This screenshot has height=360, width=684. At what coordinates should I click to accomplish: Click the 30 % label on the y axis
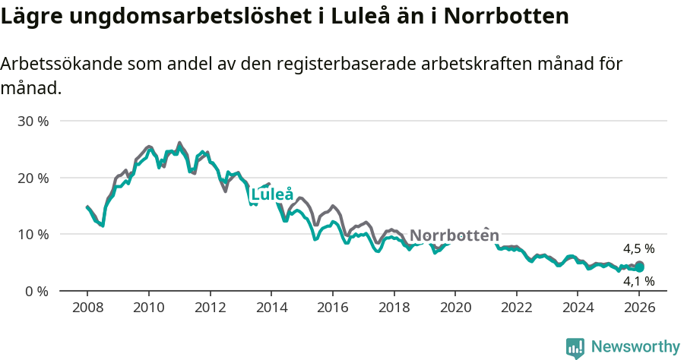(32, 121)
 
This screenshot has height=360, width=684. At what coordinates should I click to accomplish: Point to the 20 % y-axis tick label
(32, 178)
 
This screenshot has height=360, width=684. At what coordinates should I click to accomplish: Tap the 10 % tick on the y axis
(32, 234)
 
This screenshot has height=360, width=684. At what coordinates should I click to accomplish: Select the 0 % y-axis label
(35, 291)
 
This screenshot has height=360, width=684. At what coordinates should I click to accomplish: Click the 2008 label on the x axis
(87, 308)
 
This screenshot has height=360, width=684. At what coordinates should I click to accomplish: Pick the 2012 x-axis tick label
(210, 308)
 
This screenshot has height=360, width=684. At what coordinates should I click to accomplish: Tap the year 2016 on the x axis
(332, 308)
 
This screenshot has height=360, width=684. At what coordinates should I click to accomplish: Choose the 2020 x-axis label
(455, 308)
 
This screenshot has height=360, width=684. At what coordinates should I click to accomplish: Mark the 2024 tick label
(578, 308)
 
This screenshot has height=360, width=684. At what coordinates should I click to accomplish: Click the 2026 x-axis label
(639, 308)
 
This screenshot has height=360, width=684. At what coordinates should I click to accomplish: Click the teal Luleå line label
(272, 194)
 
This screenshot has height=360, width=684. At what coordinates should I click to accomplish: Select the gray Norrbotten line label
(454, 235)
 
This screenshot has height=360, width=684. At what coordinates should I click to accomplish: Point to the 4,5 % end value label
(638, 248)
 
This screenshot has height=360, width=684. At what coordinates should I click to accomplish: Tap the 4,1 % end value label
(638, 281)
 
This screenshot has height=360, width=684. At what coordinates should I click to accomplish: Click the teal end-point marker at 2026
(640, 267)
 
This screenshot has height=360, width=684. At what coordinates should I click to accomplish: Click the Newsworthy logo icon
(575, 348)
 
